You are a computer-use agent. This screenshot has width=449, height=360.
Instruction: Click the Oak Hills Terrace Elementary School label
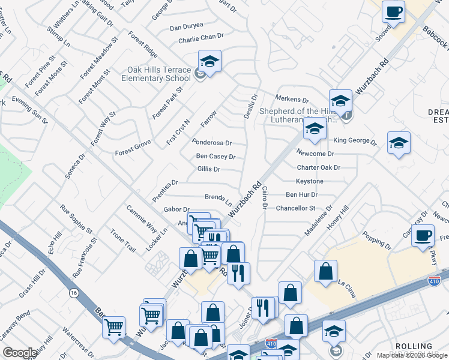[x=155, y=74]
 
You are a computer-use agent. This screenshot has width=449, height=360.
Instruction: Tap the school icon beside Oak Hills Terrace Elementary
[x=209, y=61]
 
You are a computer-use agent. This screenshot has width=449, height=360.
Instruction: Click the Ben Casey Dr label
[x=215, y=157]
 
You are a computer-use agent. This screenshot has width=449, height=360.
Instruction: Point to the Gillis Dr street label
[x=208, y=170]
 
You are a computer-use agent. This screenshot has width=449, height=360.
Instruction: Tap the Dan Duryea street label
[x=187, y=27]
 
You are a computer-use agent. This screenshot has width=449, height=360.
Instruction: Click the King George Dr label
[x=355, y=142]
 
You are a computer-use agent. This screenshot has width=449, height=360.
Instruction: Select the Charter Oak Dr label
[x=318, y=168]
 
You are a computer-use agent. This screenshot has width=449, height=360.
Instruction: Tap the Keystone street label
[x=309, y=181]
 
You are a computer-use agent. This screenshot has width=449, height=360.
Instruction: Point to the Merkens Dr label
[x=292, y=100]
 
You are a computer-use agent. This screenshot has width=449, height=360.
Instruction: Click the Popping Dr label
[x=377, y=245]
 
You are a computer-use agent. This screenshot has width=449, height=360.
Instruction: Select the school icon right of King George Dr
[x=399, y=143]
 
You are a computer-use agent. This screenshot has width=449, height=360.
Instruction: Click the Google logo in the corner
[x=20, y=353]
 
